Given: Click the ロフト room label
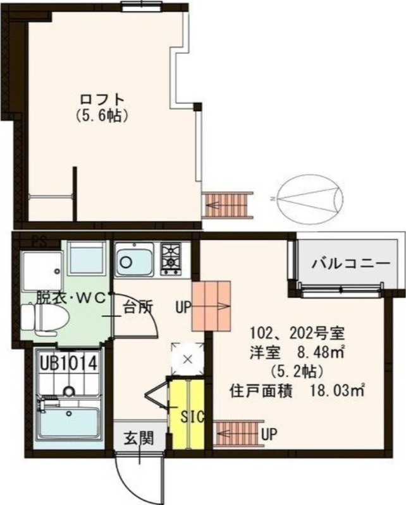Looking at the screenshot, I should (101, 100).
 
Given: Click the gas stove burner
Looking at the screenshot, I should (171, 259).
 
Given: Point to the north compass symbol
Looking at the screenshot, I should (310, 198).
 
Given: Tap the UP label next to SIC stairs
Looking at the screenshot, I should (269, 434).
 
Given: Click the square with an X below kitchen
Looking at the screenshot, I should (187, 359).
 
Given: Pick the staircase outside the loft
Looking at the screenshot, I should (227, 205).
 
